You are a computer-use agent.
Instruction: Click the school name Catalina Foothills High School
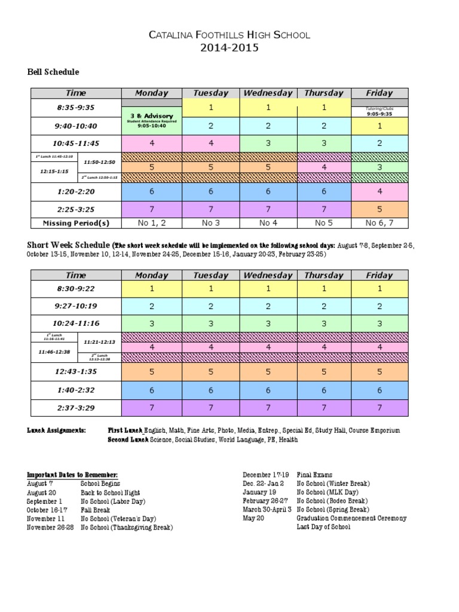[x=229, y=35]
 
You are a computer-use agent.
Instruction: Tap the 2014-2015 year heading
[x=229, y=48]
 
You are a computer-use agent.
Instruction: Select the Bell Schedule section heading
[x=53, y=72]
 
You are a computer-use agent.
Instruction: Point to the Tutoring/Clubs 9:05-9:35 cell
[x=379, y=111]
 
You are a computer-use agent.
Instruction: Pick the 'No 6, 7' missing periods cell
[x=379, y=223]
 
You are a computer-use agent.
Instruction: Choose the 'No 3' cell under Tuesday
[x=210, y=223]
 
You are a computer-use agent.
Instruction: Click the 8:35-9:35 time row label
[x=76, y=108]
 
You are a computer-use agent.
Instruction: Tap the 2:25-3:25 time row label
[x=76, y=209]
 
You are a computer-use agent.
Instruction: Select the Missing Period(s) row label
[x=76, y=223]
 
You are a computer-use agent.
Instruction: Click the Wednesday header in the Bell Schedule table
[x=267, y=93]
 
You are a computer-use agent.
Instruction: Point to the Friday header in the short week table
[x=379, y=276]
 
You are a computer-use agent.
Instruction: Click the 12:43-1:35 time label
[x=76, y=371]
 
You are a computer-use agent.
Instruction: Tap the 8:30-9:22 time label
[x=76, y=288]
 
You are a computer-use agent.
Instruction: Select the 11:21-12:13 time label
[x=99, y=342]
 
